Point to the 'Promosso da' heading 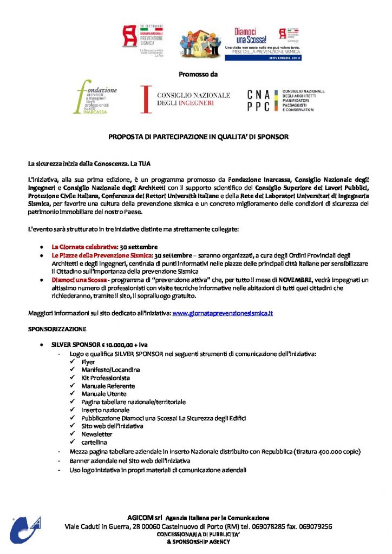pos(195,74)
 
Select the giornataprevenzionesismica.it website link pos(222,313)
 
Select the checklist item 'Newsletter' pos(97,434)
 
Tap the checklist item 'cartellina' pos(94,442)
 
